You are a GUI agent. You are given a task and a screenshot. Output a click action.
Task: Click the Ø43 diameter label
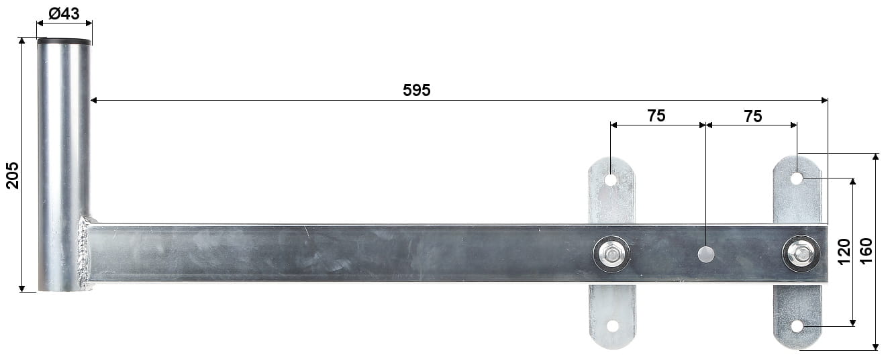(64, 13)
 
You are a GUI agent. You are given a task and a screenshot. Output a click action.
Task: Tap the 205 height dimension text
(12, 175)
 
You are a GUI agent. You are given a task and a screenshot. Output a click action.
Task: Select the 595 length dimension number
(416, 90)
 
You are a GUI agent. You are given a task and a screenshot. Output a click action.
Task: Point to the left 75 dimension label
(656, 115)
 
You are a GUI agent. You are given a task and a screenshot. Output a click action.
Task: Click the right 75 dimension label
(753, 117)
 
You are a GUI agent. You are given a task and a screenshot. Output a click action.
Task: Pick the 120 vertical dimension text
(844, 252)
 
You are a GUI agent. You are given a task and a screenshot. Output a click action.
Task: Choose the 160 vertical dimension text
(867, 251)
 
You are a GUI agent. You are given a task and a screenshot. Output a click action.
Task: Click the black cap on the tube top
(64, 41)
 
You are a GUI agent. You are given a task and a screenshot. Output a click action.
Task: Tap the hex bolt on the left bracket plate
(611, 254)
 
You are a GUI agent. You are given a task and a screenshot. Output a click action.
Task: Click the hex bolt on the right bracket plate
(800, 254)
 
